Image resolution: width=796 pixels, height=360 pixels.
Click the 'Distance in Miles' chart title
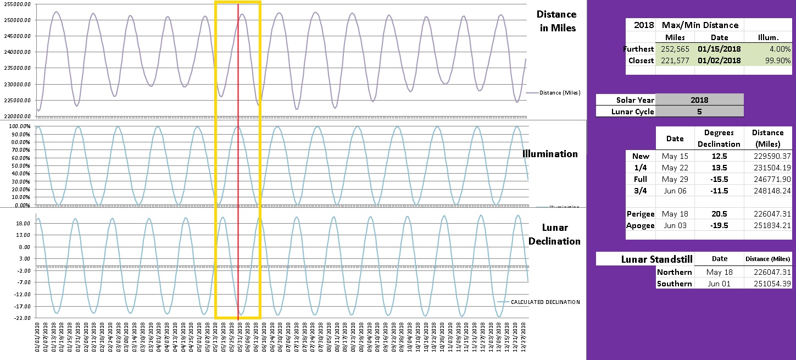(556, 21)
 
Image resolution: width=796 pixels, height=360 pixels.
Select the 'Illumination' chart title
(550, 154)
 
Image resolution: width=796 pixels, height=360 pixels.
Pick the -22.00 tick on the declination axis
(21, 318)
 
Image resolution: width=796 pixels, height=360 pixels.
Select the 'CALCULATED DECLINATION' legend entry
(545, 302)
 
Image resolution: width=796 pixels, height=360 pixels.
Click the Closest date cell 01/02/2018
(719, 60)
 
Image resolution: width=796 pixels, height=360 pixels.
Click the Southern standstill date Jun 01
(719, 284)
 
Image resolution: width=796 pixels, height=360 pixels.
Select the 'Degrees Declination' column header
(719, 138)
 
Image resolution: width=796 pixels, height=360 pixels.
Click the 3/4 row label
(641, 190)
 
